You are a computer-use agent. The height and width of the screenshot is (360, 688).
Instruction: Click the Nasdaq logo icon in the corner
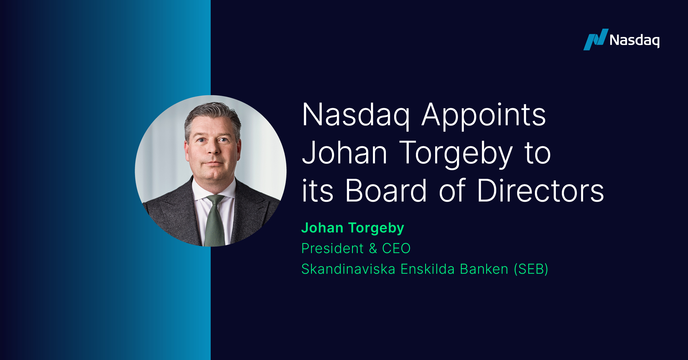(596, 40)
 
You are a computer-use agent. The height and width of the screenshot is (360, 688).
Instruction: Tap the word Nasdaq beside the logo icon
(634, 40)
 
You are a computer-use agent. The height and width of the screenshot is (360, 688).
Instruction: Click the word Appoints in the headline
(484, 115)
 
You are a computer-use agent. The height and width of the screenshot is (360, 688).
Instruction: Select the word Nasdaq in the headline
(356, 115)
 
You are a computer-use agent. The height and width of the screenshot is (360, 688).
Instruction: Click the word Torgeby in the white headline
(456, 153)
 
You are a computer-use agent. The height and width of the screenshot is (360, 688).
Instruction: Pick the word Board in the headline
(386, 190)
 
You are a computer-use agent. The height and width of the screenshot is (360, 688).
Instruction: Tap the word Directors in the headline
(540, 190)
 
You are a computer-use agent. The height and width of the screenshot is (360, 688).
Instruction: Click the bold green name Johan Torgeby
(353, 228)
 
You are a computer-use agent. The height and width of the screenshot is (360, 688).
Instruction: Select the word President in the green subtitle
(333, 248)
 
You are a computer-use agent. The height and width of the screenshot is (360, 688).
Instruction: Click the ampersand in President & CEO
(373, 249)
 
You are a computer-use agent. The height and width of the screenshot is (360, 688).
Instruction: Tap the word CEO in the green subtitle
(396, 249)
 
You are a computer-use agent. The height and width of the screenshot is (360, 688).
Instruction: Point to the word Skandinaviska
(348, 269)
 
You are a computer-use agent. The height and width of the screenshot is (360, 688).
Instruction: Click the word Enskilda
(427, 269)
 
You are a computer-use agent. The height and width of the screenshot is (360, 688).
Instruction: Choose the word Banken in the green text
(484, 269)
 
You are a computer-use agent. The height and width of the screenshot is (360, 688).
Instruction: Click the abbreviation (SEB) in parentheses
(531, 269)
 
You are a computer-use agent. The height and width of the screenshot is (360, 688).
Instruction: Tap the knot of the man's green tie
(215, 199)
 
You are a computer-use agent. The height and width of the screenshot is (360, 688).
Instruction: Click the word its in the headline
(318, 190)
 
